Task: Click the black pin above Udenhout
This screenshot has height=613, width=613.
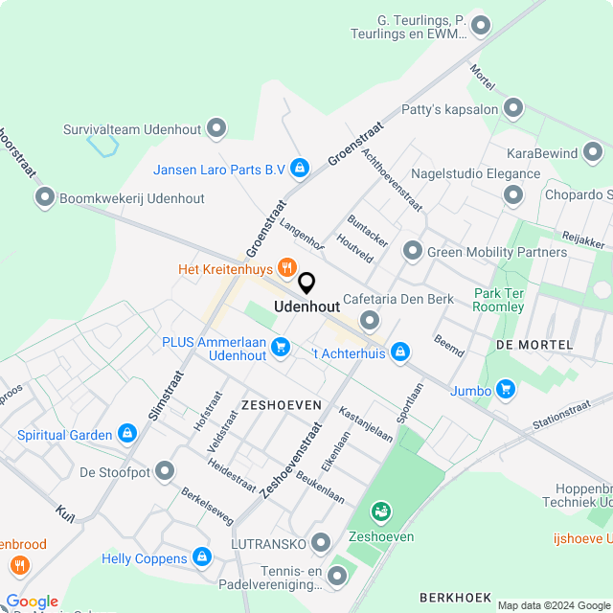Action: coord(306,284)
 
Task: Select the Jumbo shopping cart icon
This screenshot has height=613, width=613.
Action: coord(506,389)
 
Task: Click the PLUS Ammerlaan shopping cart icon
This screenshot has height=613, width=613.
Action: coord(281,347)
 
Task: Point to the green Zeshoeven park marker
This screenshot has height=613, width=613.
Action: coord(381,513)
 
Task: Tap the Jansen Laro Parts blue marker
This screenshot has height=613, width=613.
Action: coord(300,169)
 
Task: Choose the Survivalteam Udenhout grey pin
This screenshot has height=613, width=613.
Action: coord(216,127)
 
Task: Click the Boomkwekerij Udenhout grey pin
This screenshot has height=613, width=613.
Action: coord(44,198)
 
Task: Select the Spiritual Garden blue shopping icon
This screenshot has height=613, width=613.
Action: coord(126,434)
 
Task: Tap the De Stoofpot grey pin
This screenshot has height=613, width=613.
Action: coord(166,471)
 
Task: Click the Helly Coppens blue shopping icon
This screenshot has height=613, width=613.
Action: coord(201,556)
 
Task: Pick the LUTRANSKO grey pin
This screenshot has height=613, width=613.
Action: coord(320,543)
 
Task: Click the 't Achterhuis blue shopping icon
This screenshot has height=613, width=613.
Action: coord(400,353)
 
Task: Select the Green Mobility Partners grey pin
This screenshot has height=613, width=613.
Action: coord(413,251)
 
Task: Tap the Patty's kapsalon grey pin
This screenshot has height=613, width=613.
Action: coord(514,108)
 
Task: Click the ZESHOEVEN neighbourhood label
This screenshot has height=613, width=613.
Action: coord(281,405)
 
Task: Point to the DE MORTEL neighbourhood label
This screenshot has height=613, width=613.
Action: coord(534,344)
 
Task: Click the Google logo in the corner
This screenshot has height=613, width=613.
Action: coord(32,602)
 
